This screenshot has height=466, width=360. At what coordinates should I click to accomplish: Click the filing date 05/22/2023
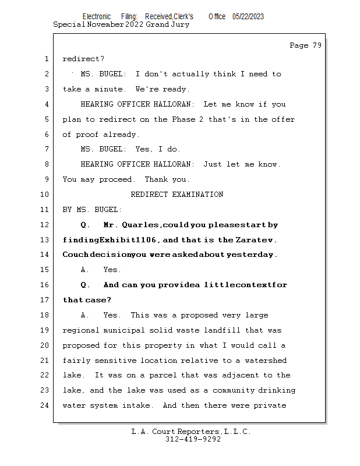point(248,16)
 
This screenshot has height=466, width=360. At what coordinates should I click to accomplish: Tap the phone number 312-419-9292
point(193,439)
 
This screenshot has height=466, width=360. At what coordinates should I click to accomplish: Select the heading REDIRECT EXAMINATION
point(177,195)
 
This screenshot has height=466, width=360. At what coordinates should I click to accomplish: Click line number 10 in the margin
point(45,195)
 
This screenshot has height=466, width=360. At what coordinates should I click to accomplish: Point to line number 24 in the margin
point(45,405)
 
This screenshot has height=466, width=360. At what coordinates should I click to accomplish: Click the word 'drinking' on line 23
point(277,390)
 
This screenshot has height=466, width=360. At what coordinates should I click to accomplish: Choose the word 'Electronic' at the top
point(96,16)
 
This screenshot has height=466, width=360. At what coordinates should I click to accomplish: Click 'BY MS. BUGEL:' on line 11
point(92,210)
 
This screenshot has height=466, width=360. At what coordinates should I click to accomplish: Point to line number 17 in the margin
point(45,300)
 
